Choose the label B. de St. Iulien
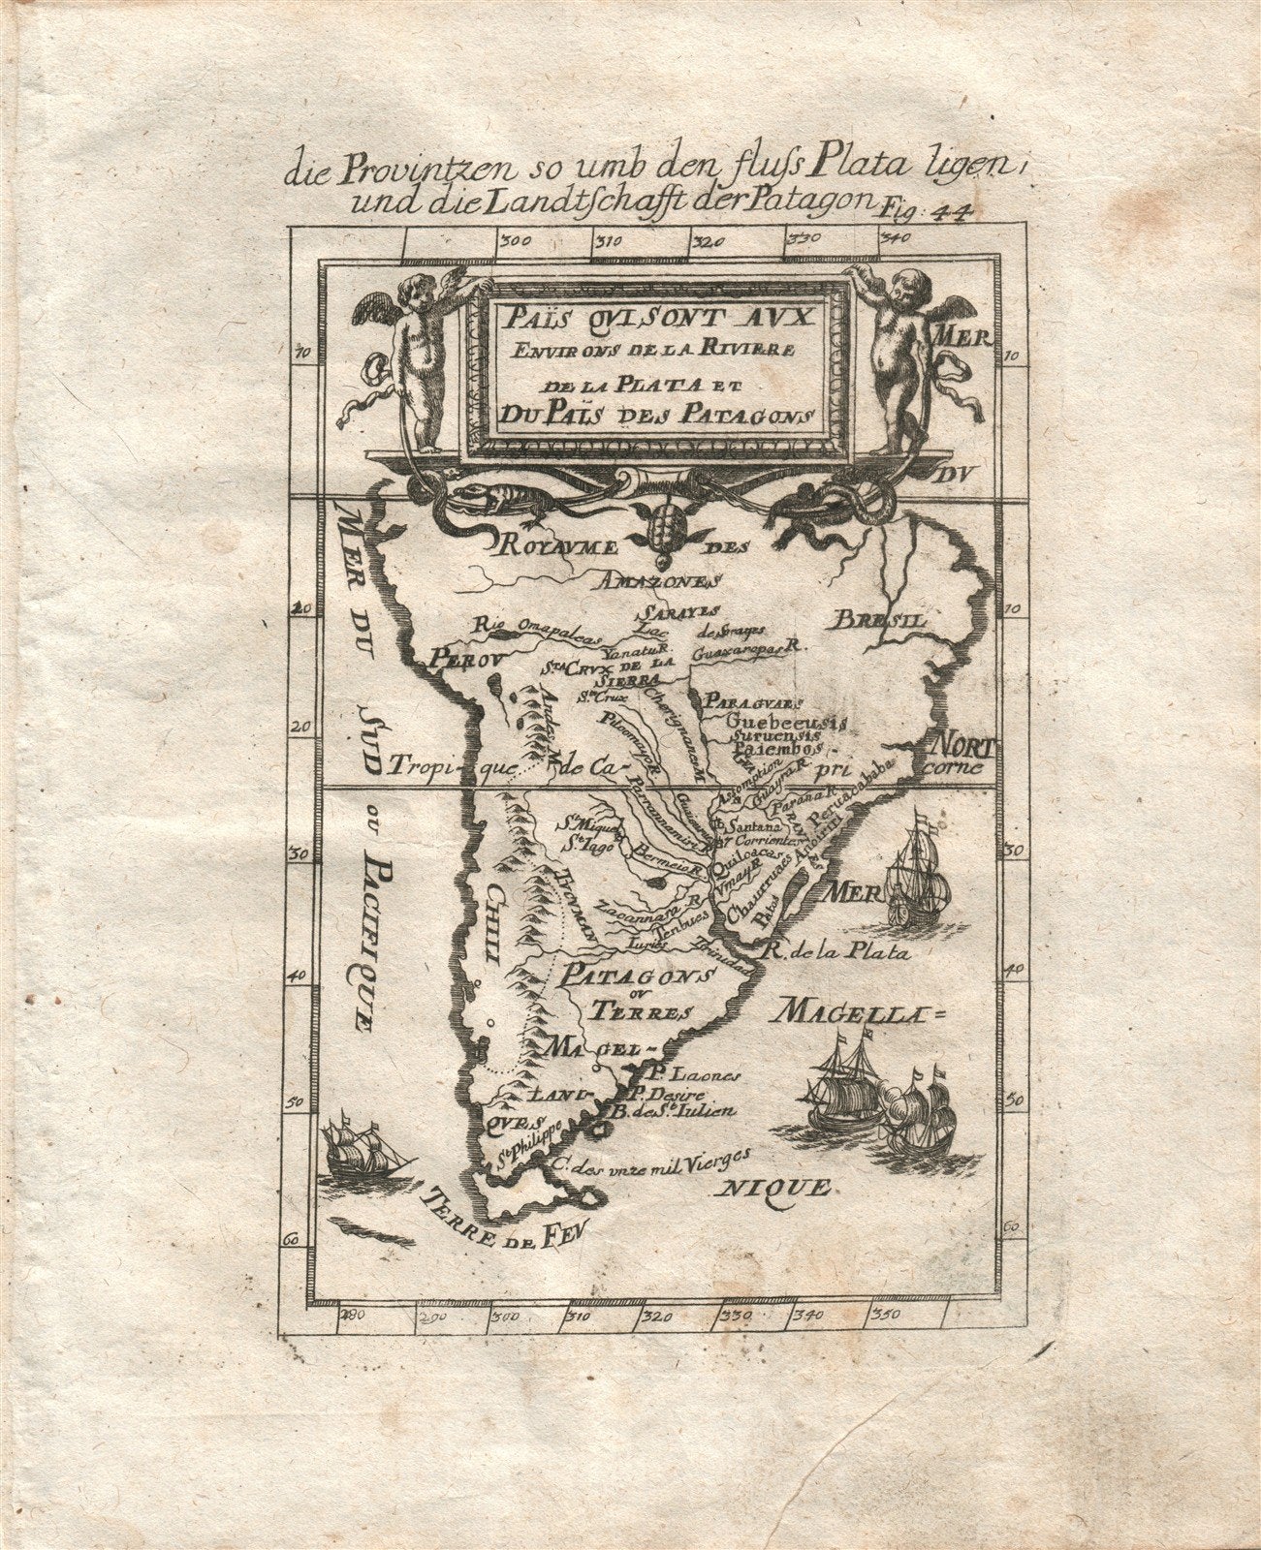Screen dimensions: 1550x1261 pos(675,1112)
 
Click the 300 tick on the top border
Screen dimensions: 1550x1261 pos(513,241)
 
